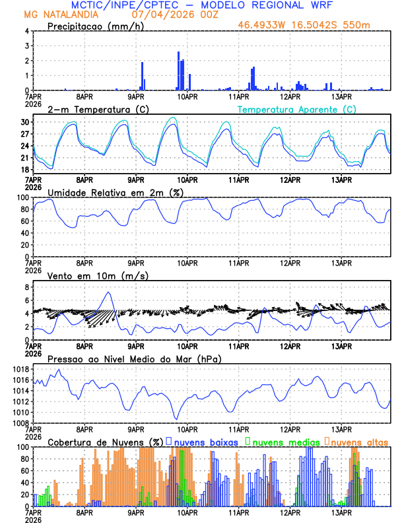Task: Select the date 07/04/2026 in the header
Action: [x=160, y=14]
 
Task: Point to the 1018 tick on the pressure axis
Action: [x=21, y=369]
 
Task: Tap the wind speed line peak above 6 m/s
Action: [x=108, y=293]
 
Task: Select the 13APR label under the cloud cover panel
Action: [x=341, y=512]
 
